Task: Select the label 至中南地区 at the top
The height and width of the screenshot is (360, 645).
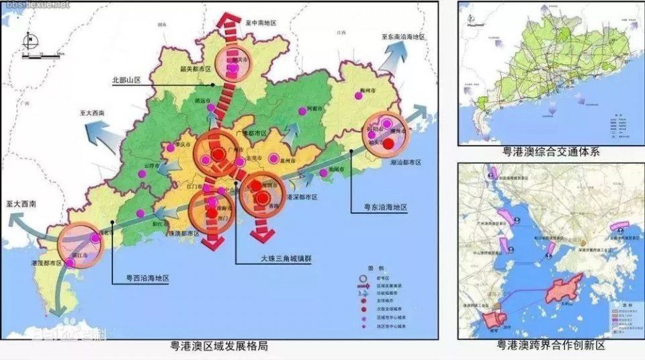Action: [x=261, y=23]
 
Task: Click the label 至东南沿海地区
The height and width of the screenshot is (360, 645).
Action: [x=403, y=38]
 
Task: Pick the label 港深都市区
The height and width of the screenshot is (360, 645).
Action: [x=301, y=197]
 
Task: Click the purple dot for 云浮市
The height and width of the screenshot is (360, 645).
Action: [x=142, y=174]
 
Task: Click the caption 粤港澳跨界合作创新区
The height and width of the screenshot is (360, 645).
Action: [x=551, y=346]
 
